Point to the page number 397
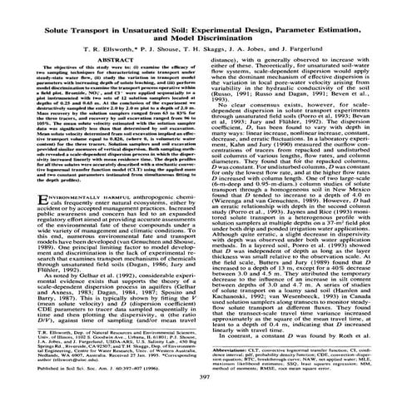pyautogui.click(x=203, y=375)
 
